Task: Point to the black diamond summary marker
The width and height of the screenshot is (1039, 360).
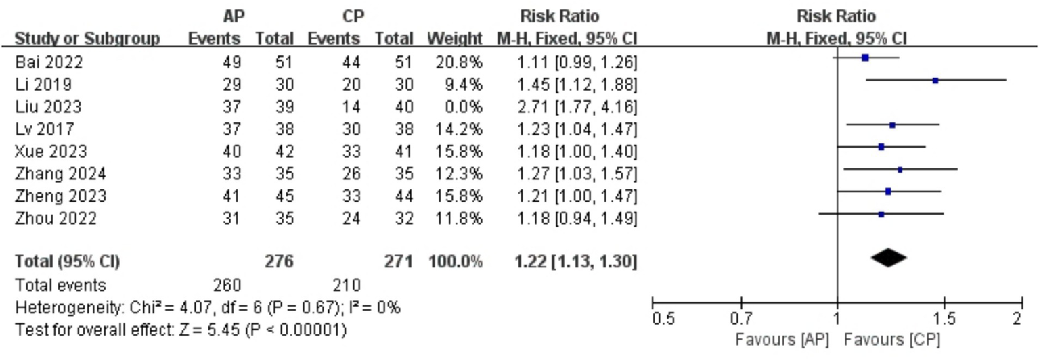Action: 889,257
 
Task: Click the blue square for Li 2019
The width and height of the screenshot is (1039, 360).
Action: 935,81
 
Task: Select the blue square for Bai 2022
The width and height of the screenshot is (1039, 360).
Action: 865,58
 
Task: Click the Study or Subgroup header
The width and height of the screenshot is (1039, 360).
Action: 87,39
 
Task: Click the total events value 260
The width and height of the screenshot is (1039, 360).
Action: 226,284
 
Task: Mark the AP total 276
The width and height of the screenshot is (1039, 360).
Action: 280,261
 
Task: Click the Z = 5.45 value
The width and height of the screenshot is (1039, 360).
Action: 211,330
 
